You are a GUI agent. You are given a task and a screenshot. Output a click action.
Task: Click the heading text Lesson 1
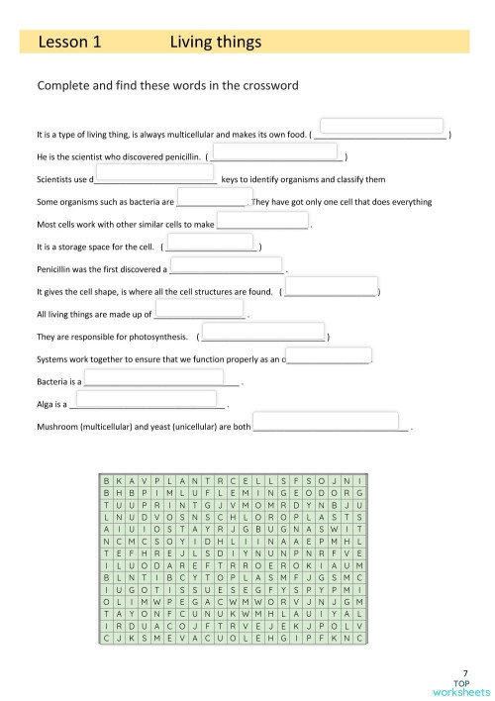tap(69, 42)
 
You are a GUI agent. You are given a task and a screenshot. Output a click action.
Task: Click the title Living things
tap(215, 42)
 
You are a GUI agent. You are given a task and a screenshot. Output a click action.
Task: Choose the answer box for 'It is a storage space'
tap(210, 243)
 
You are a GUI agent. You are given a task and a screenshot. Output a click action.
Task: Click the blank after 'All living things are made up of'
tap(199, 312)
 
